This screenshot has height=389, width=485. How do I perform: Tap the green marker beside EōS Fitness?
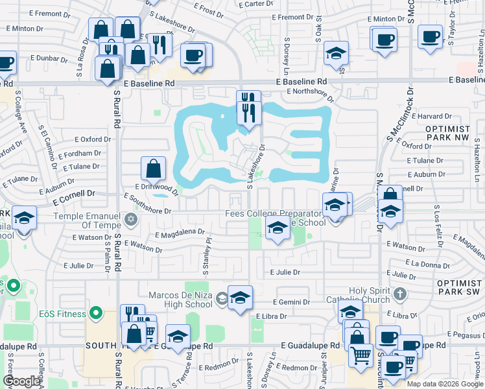pyautogui.click(x=97, y=314)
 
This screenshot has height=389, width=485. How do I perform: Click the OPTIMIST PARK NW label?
pyautogui.click(x=456, y=134)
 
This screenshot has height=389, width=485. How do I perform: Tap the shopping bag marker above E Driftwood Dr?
pyautogui.click(x=153, y=170)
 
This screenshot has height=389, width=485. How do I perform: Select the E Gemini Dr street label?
pyautogui.click(x=294, y=302)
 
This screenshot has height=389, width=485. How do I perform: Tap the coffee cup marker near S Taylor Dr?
pyautogui.click(x=430, y=38)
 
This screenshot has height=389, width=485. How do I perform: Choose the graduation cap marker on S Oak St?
pyautogui.click(x=336, y=54)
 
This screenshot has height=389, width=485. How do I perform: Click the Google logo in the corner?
pyautogui.click(x=21, y=381)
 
